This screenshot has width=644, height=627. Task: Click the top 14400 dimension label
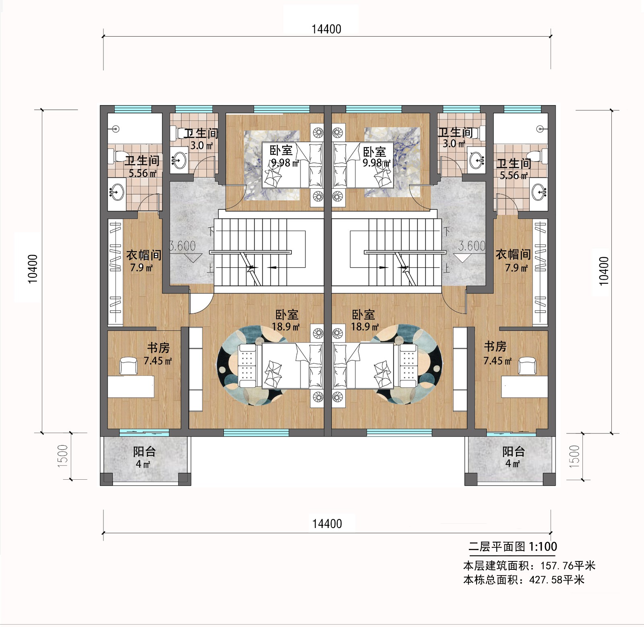tap(326, 29)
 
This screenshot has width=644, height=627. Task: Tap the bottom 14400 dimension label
tap(327, 524)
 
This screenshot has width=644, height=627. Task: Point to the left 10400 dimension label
tap(33, 269)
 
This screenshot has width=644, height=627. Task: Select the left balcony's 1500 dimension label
tap(63, 456)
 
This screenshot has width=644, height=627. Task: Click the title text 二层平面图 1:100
tap(513, 547)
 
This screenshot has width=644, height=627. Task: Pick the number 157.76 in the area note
tap(557, 566)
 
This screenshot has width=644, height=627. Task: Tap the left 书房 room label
tap(158, 348)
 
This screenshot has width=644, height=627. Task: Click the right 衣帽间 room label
tap(513, 254)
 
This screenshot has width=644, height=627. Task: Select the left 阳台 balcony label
tap(144, 452)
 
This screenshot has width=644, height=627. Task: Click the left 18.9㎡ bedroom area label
tap(286, 327)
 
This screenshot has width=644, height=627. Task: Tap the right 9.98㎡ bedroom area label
tap(376, 163)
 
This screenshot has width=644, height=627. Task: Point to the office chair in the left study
tap(129, 366)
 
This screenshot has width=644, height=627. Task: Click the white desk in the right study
tap(524, 387)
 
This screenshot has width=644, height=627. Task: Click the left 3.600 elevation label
tap(182, 246)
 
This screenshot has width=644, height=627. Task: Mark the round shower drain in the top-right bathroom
tap(541, 129)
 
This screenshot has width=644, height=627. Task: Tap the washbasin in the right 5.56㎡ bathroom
tap(540, 192)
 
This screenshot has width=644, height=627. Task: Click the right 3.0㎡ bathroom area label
tap(454, 143)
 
